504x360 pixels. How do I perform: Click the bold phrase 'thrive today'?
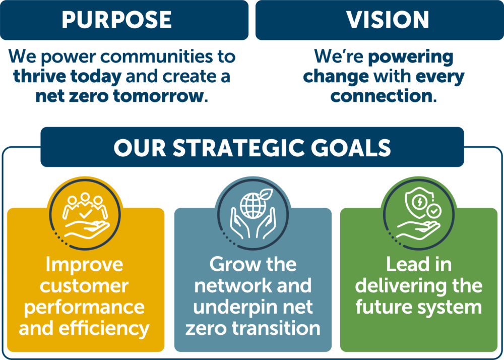pos(68,76)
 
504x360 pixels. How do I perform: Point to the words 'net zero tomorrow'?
pos(119,96)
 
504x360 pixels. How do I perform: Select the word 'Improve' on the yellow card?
pos(84,265)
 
